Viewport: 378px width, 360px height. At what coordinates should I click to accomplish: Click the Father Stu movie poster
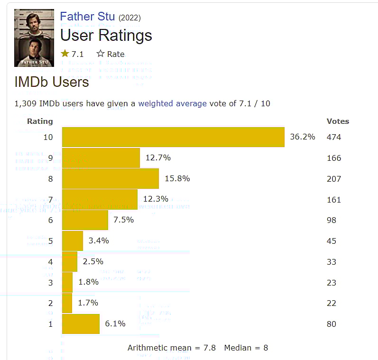34,37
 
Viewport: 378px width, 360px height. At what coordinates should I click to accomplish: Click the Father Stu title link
87,17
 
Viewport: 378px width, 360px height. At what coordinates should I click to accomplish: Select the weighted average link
172,103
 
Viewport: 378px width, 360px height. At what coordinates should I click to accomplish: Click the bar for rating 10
173,137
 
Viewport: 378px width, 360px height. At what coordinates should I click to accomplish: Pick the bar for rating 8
111,179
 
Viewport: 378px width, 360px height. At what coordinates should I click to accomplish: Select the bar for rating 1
81,324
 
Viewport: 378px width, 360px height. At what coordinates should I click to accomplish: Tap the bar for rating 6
85,220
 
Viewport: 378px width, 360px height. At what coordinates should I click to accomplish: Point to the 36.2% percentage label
303,137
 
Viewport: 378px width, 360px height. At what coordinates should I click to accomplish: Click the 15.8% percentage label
177,178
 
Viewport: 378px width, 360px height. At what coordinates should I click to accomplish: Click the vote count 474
334,138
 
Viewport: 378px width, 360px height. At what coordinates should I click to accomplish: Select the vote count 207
334,179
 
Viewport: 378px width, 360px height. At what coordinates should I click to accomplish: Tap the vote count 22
332,303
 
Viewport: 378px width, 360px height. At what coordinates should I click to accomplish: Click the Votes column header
338,121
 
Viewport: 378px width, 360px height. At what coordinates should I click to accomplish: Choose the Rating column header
40,121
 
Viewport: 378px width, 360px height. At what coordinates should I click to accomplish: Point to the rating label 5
50,241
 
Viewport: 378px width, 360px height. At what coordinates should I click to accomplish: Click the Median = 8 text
246,348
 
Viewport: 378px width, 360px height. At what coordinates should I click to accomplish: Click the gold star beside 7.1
65,54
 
